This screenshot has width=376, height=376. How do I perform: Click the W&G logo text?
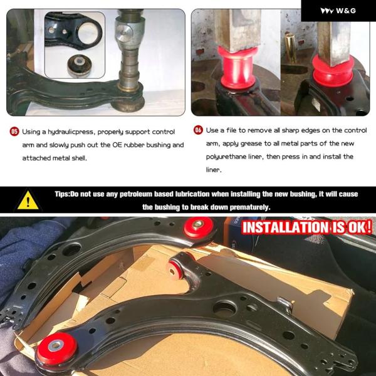(346, 11)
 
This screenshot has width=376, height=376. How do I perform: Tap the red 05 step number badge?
(14, 132)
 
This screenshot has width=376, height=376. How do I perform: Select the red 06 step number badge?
(198, 130)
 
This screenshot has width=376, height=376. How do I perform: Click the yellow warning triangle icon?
(28, 201)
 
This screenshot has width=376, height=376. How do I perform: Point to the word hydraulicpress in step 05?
(70, 132)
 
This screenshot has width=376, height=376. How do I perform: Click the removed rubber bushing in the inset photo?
(79, 65)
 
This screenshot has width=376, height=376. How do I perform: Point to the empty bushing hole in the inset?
(88, 33)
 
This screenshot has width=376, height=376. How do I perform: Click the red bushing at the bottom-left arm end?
(57, 346)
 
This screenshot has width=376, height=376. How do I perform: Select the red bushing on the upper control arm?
(199, 226)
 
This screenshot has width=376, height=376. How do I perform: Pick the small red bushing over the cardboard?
(174, 270)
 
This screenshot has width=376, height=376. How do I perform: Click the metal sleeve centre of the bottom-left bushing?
(56, 345)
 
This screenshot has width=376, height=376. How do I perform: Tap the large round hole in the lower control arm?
(225, 308)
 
